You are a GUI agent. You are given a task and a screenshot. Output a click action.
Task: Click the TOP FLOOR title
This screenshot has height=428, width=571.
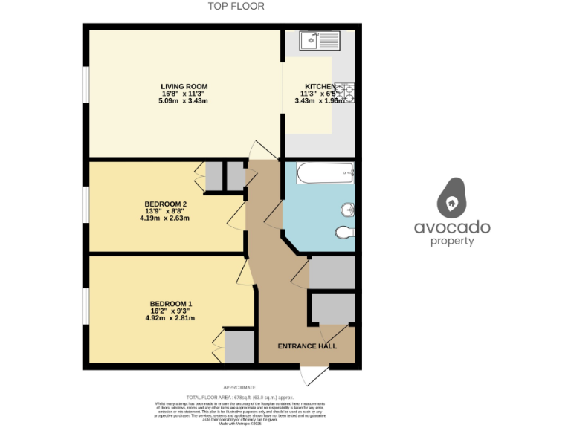pyautogui.click(x=235, y=7)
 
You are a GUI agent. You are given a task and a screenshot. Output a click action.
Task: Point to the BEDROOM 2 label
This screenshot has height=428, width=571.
pyautogui.click(x=165, y=204)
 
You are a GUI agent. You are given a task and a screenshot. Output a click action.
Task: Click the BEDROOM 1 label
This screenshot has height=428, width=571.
pyautogui.click(x=171, y=303)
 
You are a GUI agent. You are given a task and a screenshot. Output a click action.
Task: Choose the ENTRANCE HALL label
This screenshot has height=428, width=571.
pyautogui.click(x=306, y=346)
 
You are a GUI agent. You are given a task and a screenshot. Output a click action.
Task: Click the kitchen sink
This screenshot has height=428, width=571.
pyautogui.click(x=319, y=39)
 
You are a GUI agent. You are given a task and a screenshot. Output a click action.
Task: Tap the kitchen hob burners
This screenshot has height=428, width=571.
pyautogui.click(x=346, y=92)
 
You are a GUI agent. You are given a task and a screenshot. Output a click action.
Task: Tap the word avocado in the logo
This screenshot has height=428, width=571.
pyautogui.click(x=452, y=227)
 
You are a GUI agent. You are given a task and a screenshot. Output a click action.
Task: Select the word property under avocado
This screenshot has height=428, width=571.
pyautogui.click(x=452, y=241)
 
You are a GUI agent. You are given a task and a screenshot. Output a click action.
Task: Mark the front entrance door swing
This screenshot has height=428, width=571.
pyautogui.click(x=314, y=374)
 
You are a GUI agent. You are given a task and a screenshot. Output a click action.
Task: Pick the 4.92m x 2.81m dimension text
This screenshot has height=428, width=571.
pyautogui.click(x=171, y=318)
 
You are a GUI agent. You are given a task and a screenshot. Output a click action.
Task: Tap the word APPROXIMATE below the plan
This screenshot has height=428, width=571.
pyautogui.click(x=239, y=387)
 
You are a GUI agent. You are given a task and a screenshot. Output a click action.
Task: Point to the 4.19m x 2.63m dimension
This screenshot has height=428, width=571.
pyautogui.click(x=165, y=218)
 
